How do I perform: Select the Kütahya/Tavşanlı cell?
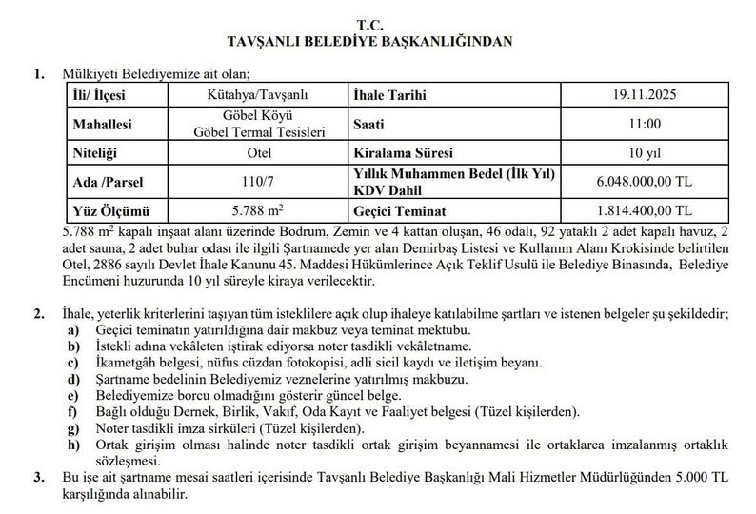coord(264,96)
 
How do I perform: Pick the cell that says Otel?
coord(264,152)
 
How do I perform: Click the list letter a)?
coord(72,328)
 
